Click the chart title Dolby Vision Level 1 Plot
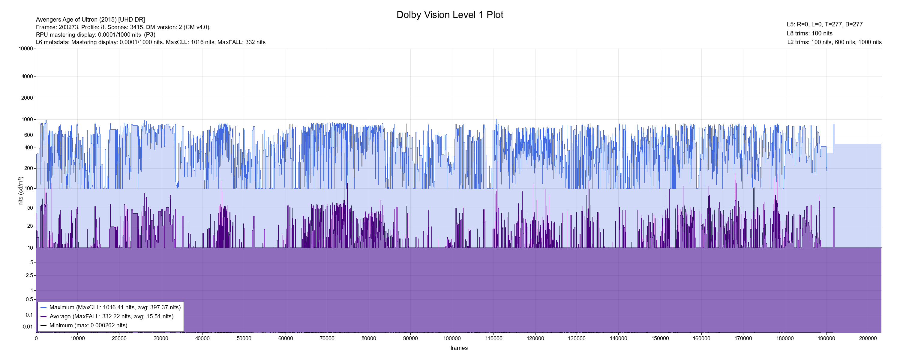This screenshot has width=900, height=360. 450,15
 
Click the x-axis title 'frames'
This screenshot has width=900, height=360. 459,348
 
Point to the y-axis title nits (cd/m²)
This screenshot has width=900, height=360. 21,191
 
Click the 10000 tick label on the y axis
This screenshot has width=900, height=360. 25,49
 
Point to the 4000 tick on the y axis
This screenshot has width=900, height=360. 27,76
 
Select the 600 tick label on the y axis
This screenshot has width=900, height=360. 28,135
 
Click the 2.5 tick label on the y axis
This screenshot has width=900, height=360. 29,275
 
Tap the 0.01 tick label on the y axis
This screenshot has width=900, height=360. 28,327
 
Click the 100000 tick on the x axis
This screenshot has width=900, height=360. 452,338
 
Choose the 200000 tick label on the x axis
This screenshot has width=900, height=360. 868,338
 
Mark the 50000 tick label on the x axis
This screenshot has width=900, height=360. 244,338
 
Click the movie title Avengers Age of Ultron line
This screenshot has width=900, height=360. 90,19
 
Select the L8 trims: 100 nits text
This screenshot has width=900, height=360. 809,34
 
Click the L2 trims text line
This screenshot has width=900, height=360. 834,42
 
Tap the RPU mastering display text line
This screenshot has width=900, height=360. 95,34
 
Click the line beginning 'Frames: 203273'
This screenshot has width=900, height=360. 123,27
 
